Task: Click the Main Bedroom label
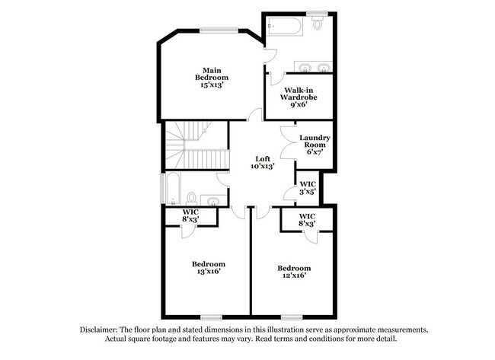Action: point(214,78)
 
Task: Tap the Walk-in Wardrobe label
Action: point(298,98)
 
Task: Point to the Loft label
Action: point(263,162)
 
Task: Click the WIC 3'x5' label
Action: point(308,188)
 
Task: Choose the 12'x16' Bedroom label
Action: point(293,272)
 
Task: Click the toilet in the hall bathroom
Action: point(193,199)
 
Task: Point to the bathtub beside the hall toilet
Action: point(171,190)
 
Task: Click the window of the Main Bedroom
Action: point(219,30)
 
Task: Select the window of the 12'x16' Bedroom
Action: point(292,316)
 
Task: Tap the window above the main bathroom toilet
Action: point(316,12)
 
